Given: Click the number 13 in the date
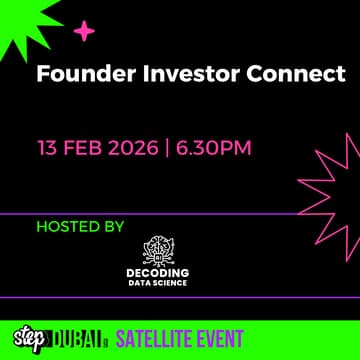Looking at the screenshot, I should tap(49, 149).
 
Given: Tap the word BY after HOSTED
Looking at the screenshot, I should tap(113, 227).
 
